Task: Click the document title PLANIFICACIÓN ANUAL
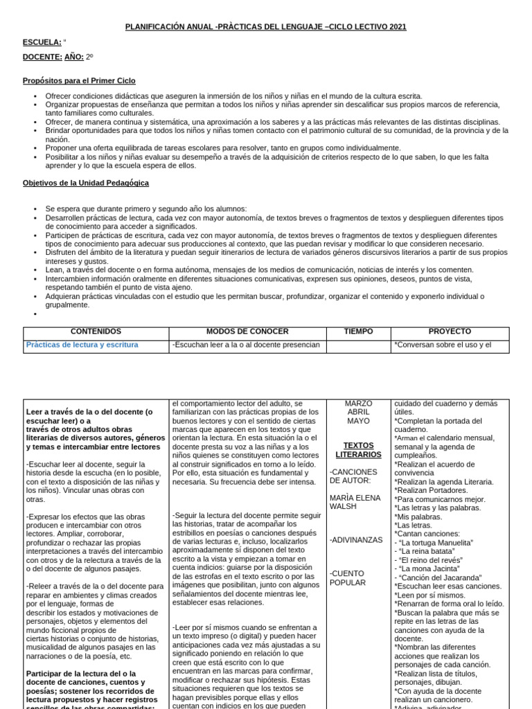[265, 27]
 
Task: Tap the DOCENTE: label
[42, 57]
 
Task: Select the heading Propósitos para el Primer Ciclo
[79, 81]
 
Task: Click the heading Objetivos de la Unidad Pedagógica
[85, 183]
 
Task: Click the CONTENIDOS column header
[96, 332]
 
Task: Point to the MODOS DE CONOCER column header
[247, 332]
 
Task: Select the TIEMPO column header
[358, 332]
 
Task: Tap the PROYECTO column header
[450, 332]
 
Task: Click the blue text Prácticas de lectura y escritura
[82, 344]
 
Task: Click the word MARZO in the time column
[358, 404]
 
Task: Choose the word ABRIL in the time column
[358, 412]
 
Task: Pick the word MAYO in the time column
[358, 421]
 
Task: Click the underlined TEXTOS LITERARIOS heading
[358, 450]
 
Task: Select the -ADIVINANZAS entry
[356, 539]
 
